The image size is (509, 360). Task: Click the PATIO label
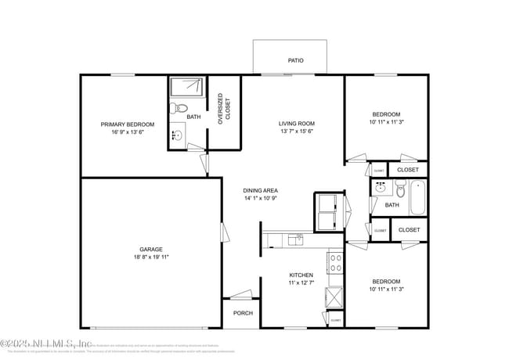[295, 60]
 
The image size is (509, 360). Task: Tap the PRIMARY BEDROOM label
[127, 124]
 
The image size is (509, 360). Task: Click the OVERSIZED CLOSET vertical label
[225, 110]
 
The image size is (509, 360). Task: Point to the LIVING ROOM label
[297, 124]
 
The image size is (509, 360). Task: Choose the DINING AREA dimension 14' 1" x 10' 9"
[261, 198]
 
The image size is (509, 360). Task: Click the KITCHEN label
[301, 275]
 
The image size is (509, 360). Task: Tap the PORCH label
[243, 313]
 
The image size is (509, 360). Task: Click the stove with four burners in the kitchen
[335, 263]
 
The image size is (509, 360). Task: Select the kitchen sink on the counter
[295, 239]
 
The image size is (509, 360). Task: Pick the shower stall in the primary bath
[187, 87]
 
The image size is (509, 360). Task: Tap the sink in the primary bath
[177, 135]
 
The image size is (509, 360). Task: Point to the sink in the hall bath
[380, 188]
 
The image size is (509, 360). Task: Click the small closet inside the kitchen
[335, 319]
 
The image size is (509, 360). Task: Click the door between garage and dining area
[224, 232]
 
